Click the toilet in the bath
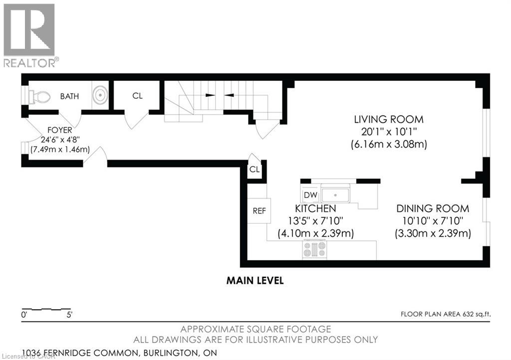tap(39, 97)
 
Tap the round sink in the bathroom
tap(100, 95)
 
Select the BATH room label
tap(69, 96)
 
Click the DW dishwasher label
tap(310, 195)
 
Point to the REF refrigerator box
tap(259, 211)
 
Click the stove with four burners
tap(314, 249)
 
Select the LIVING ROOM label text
tap(389, 120)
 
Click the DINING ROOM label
tap(433, 208)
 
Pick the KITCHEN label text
tap(315, 208)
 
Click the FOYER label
tap(60, 130)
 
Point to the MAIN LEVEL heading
tap(255, 281)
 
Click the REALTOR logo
tap(29, 35)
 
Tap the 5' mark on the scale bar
tap(69, 315)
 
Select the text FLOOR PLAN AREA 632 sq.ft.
tap(446, 314)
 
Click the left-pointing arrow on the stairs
tap(229, 95)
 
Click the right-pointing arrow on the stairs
tap(210, 95)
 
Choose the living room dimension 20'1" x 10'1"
tap(389, 132)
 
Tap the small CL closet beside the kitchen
tap(255, 169)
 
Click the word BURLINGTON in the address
tap(170, 353)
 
